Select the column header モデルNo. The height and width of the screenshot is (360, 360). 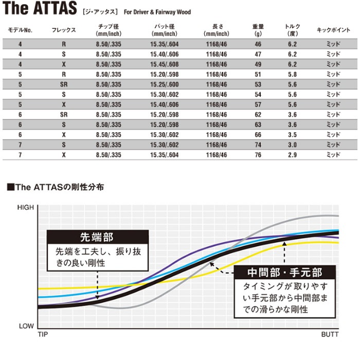click(x=21, y=30)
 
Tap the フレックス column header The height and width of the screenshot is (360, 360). click(x=64, y=30)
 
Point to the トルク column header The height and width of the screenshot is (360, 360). click(x=292, y=30)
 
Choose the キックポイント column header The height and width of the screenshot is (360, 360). click(x=334, y=30)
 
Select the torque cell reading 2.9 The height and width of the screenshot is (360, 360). click(x=292, y=154)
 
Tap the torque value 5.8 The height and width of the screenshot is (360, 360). click(x=292, y=75)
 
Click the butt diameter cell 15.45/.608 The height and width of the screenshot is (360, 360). click(x=165, y=65)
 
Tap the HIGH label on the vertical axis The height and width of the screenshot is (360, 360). click(x=25, y=208)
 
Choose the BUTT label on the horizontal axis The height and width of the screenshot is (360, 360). click(x=330, y=334)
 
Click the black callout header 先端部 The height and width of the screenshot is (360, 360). click(x=97, y=238)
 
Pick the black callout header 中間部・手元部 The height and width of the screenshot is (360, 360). click(x=284, y=273)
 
